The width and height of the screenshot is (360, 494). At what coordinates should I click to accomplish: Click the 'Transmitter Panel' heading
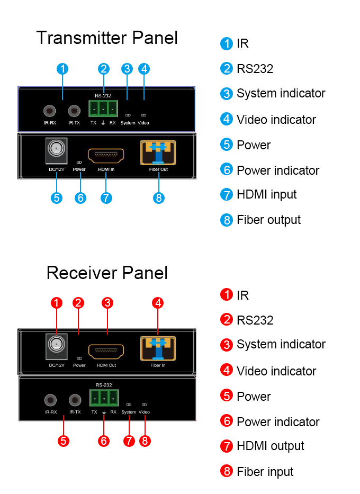pos(106,38)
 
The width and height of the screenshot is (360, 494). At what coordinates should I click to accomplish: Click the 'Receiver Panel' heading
pos(106,273)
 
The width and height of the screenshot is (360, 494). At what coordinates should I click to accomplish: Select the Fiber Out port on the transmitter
pos(158,152)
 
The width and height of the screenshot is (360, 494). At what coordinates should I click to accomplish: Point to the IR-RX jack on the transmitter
pos(50,111)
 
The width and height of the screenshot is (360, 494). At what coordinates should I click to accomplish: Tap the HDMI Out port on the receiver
pos(106,351)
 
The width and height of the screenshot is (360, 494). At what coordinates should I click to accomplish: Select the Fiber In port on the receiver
pos(158,348)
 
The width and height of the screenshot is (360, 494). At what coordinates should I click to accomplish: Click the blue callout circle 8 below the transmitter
pos(159,198)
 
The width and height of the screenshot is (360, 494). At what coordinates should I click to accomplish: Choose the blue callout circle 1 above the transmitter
pos(62,69)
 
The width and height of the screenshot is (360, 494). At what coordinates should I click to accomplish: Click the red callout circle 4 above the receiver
pos(158,303)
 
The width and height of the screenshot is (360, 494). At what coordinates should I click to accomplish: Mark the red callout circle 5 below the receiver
pos(64,441)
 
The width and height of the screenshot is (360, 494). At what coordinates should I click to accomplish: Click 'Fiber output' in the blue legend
pos(268,220)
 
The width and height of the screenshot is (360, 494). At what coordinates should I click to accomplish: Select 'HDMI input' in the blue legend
pos(266,194)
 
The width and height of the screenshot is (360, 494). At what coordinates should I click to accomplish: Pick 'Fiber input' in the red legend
pos(265,472)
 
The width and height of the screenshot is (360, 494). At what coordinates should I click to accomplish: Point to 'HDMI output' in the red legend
pos(270,446)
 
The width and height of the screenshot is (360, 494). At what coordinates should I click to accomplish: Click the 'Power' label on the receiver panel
pos(79,365)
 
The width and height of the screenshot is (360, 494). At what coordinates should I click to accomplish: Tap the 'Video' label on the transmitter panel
pos(143,123)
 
